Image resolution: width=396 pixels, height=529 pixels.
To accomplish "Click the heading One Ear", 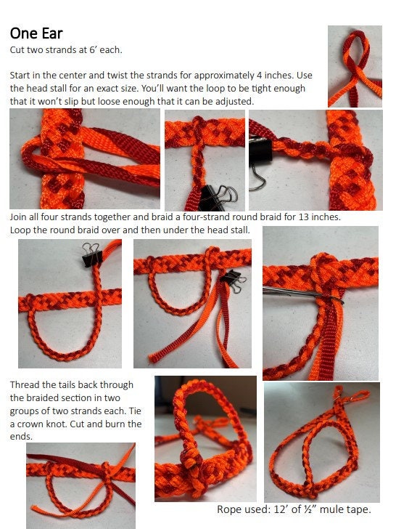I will pos(36,33).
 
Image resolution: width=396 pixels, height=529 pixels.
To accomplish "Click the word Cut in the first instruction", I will pos(18,50).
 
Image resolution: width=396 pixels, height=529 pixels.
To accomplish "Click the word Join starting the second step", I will pos(20,217).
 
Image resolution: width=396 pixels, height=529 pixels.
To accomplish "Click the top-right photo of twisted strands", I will pos(354,65).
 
